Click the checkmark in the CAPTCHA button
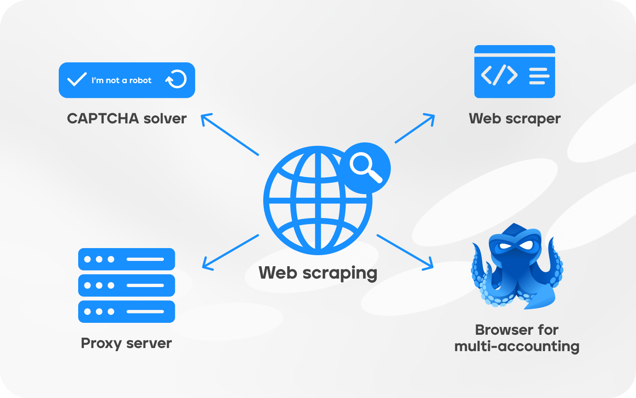pyautogui.click(x=76, y=80)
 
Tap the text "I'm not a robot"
pyautogui.click(x=121, y=80)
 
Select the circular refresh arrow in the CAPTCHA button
pyautogui.click(x=176, y=80)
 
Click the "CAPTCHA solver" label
pyautogui.click(x=127, y=119)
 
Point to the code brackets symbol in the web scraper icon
pyautogui.click(x=499, y=75)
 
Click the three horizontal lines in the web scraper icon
pyautogui.click(x=539, y=76)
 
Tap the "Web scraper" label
pyautogui.click(x=515, y=119)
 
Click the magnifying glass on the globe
pyautogui.click(x=365, y=167)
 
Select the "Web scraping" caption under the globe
pyautogui.click(x=318, y=273)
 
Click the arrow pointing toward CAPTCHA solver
pyautogui.click(x=229, y=134)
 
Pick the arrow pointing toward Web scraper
pyautogui.click(x=415, y=128)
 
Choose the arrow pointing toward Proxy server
pyautogui.click(x=230, y=252)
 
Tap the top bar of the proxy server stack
pyautogui.click(x=127, y=259)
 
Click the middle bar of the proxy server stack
pyautogui.click(x=127, y=285)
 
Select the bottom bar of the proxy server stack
pyautogui.click(x=127, y=311)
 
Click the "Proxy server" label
pyautogui.click(x=126, y=343)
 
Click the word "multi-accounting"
pyautogui.click(x=517, y=346)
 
